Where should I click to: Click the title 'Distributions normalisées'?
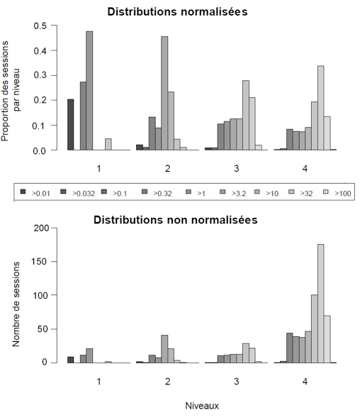tap(177, 12)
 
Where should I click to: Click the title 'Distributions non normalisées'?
tap(176, 220)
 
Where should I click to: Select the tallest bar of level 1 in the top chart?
tap(89, 91)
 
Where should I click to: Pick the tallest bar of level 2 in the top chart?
tap(164, 93)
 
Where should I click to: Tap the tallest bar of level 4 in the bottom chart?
tap(321, 304)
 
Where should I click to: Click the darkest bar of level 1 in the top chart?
tap(71, 125)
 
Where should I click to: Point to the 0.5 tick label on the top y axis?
tap(40, 26)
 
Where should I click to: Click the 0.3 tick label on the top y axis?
tap(40, 75)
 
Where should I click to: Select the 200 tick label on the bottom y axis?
tap(41, 228)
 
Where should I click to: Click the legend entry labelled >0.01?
tap(35, 193)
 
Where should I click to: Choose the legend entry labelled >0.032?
tap(78, 193)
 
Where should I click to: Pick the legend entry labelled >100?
tap(337, 193)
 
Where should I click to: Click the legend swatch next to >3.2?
tap(223, 192)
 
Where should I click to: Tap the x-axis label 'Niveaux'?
tap(202, 406)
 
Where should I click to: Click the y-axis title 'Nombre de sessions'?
tap(16, 304)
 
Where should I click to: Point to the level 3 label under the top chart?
tap(237, 168)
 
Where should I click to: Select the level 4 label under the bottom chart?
tap(305, 382)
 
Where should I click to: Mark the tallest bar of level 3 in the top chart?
tap(246, 115)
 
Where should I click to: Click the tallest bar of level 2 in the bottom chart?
tap(164, 349)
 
